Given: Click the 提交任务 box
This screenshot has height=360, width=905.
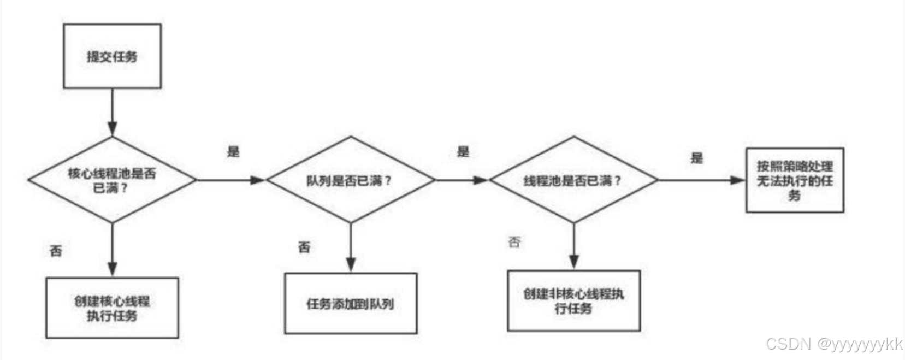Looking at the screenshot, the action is point(112,56).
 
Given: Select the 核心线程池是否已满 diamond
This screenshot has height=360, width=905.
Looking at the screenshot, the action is point(112,180).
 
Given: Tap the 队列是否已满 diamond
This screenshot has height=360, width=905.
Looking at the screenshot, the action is point(350,180).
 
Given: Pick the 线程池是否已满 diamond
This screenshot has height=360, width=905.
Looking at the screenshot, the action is point(573,180).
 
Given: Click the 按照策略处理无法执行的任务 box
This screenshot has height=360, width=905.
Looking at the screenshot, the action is point(795,180).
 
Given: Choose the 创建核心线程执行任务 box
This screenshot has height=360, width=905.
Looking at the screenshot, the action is point(112,308).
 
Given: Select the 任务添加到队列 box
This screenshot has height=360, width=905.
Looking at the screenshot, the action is point(351,304).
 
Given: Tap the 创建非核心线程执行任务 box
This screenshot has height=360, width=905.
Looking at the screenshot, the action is point(573,301).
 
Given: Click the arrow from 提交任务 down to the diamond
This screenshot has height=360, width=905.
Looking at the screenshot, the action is point(112,113).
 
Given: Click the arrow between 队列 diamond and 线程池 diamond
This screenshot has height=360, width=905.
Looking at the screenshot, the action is point(462,180).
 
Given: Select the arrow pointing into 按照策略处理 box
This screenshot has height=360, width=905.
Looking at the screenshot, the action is point(702,180).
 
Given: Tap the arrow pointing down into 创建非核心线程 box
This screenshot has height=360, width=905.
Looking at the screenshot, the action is point(573,246).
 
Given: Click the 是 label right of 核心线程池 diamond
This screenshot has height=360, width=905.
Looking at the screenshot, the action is point(234,152).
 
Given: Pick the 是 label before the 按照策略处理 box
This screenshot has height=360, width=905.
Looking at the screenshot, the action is point(697,158).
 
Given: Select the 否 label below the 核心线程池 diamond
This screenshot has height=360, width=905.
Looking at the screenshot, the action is point(56,251).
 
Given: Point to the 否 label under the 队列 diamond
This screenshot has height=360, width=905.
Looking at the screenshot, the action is point(304,247).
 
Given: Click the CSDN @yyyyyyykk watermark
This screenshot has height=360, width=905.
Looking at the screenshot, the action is point(833,344).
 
